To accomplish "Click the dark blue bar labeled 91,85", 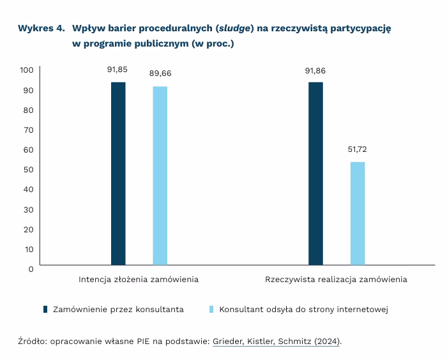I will click(118, 174).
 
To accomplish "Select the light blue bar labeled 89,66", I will click(160, 176).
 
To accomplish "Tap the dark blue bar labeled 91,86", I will click(315, 174).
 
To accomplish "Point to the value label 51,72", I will click(358, 150).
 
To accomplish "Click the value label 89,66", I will click(160, 74).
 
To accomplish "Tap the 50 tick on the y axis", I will click(28, 169).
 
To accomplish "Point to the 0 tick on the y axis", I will click(30, 269).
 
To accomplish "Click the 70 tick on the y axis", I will click(28, 130).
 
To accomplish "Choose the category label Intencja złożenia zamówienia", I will click(139, 280).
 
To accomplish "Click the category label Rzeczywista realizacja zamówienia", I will click(336, 280).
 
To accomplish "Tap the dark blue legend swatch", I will click(45, 310).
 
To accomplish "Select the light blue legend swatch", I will click(211, 310).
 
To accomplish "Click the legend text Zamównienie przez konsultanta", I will click(118, 310).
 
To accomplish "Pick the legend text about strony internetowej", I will click(304, 310).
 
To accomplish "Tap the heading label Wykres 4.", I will click(42, 29).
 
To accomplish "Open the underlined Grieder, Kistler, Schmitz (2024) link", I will click(276, 341).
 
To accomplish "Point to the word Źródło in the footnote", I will click(31, 341).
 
